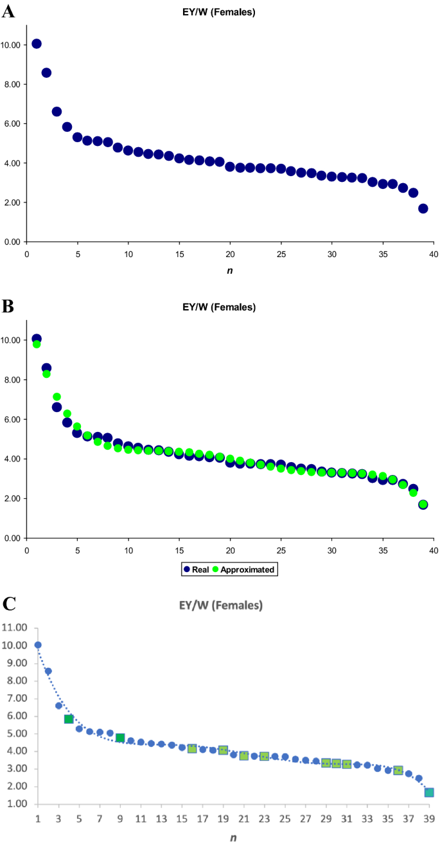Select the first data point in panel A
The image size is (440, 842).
(37, 44)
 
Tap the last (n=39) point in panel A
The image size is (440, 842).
(423, 208)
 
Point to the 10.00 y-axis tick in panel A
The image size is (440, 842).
(13, 45)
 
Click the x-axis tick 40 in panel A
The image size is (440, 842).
(434, 253)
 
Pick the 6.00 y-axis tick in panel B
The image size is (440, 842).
(13, 420)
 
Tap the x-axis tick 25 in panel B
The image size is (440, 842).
(281, 550)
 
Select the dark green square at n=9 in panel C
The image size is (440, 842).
(120, 738)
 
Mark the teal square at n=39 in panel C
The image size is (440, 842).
(428, 793)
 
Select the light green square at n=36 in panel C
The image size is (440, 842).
(398, 770)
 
